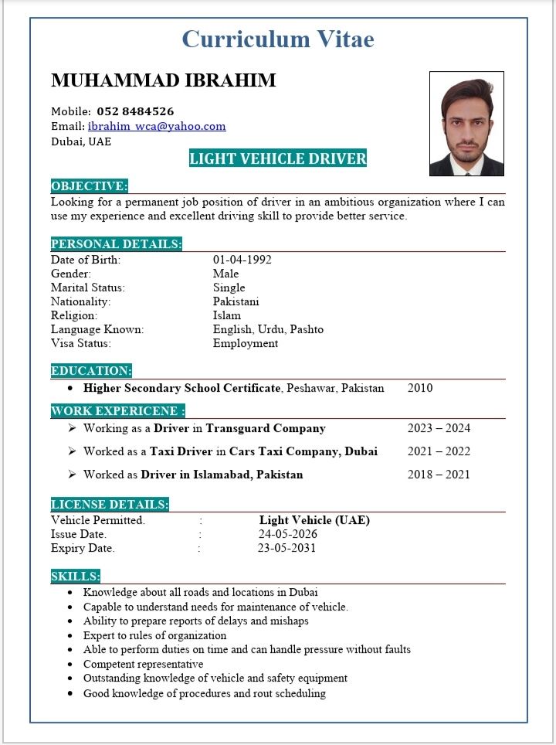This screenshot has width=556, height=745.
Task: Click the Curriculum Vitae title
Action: pos(278,39)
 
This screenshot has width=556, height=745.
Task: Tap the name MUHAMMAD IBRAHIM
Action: pos(163,80)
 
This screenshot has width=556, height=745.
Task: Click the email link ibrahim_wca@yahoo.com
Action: pos(157,126)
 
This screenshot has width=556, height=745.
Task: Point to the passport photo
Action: pos(466,124)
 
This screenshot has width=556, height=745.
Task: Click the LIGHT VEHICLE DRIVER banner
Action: pos(278,159)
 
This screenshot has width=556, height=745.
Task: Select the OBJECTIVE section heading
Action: pos(89,186)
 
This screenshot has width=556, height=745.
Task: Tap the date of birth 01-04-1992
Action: pos(242,260)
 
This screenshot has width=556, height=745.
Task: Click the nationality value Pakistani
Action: pos(236,301)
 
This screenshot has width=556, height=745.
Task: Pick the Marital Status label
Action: pos(88,287)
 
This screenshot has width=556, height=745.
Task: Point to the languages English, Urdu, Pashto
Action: pos(268,329)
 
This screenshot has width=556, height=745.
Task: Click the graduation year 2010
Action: pos(420,388)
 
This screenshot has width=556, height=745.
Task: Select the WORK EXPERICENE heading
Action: pos(117,410)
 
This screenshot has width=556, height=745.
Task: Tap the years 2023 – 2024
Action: pos(439,428)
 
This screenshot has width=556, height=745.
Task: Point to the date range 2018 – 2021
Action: pos(439,475)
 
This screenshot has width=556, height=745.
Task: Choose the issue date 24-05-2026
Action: pos(287,534)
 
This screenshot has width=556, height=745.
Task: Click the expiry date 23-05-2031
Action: pos(286,548)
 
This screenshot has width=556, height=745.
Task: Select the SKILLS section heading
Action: pos(75,576)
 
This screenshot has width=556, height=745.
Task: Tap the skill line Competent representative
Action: pos(143,664)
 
